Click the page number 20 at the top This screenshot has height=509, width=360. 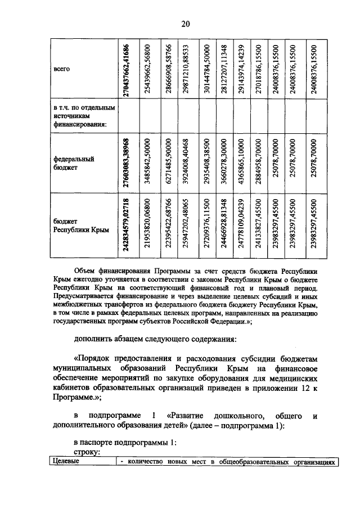tap(185, 23)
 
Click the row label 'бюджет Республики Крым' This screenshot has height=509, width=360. tap(76, 226)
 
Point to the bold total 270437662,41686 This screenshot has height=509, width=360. tap(128, 69)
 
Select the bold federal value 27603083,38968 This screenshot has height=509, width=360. tap(128, 163)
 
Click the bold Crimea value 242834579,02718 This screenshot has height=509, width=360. tap(128, 226)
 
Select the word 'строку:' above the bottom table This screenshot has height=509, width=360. tap(87, 452)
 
